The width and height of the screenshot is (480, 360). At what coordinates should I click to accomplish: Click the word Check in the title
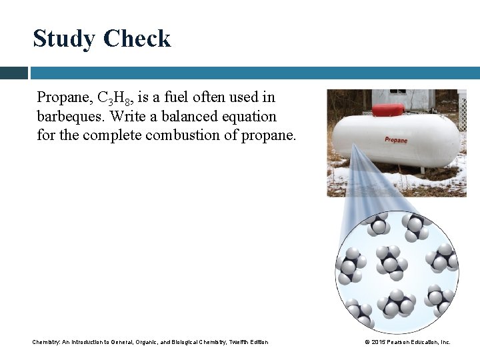[x=136, y=39]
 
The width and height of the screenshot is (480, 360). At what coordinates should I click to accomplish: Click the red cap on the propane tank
[x=388, y=110]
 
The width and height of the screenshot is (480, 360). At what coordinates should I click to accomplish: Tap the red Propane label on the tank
[x=396, y=140]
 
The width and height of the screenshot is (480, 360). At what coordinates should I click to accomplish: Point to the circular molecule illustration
[x=397, y=270]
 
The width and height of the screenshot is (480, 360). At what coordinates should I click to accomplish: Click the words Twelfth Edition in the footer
[x=249, y=342]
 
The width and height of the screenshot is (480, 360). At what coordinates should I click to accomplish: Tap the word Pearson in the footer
[x=401, y=342]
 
